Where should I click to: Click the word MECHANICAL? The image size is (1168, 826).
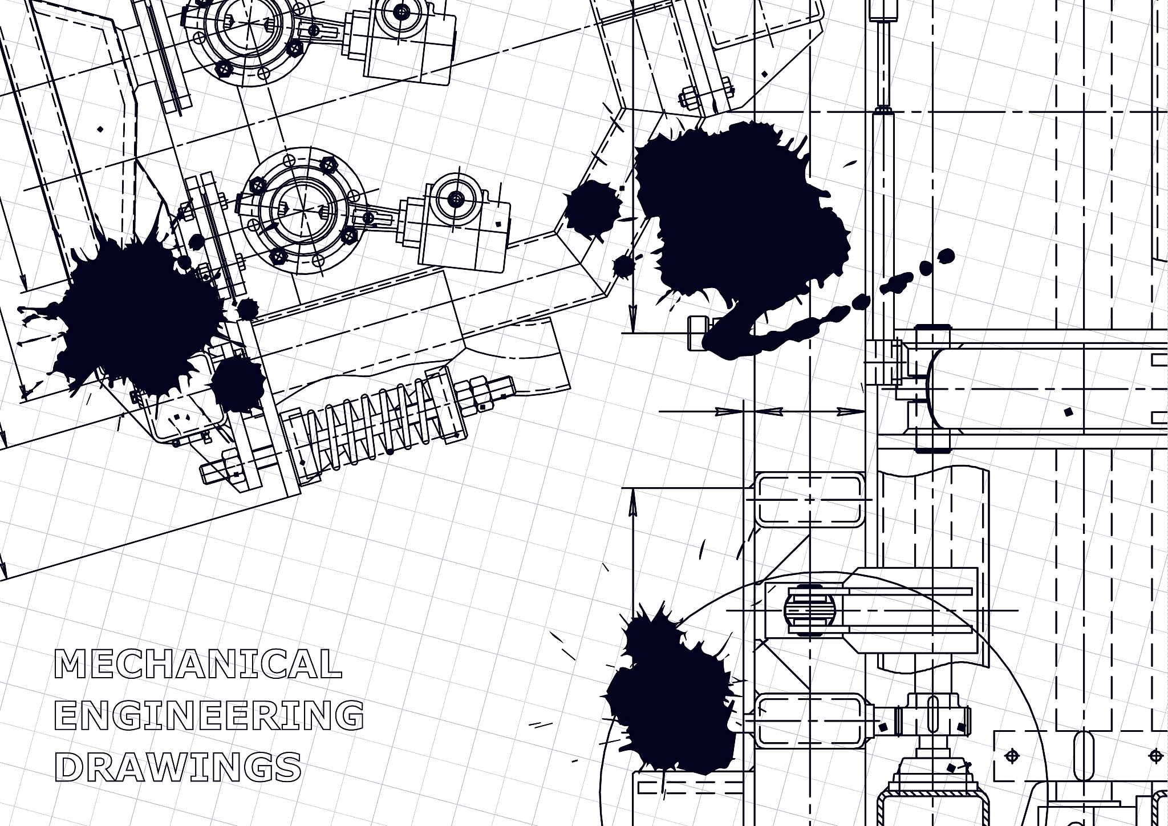198,663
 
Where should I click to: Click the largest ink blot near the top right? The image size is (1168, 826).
741,222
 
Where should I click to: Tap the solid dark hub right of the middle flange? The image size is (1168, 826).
456,199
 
